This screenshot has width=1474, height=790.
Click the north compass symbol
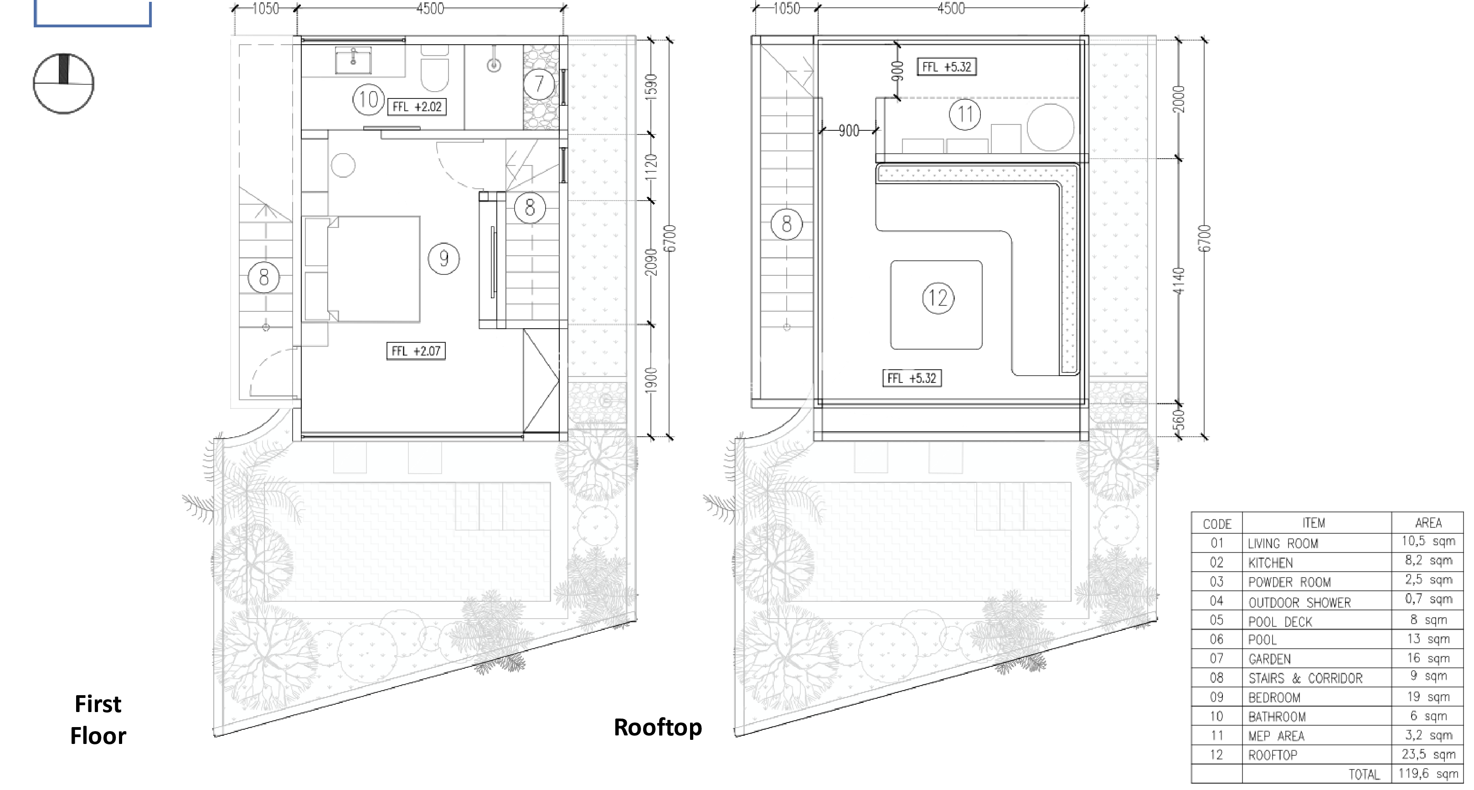pyautogui.click(x=63, y=83)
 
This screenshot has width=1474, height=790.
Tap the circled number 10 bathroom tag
pyautogui.click(x=368, y=100)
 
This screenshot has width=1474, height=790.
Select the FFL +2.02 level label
pyautogui.click(x=417, y=107)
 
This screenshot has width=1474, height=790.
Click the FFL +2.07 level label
pyautogui.click(x=416, y=351)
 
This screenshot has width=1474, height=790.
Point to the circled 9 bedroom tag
pyautogui.click(x=444, y=259)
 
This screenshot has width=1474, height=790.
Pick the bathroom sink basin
pyautogui.click(x=353, y=61)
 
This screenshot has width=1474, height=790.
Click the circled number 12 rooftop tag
pyautogui.click(x=938, y=298)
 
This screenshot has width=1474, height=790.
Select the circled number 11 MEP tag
pyautogui.click(x=965, y=114)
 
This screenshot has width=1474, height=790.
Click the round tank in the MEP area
pyautogui.click(x=1051, y=127)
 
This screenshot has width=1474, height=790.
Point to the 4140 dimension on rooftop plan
pyautogui.click(x=1179, y=281)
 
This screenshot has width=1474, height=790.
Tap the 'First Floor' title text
pyautogui.click(x=98, y=720)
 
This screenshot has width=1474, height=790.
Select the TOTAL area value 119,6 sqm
pyautogui.click(x=1428, y=774)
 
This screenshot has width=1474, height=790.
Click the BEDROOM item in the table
pyautogui.click(x=1274, y=698)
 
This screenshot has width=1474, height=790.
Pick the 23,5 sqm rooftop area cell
pyautogui.click(x=1428, y=754)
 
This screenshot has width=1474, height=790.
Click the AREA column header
pyautogui.click(x=1428, y=523)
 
